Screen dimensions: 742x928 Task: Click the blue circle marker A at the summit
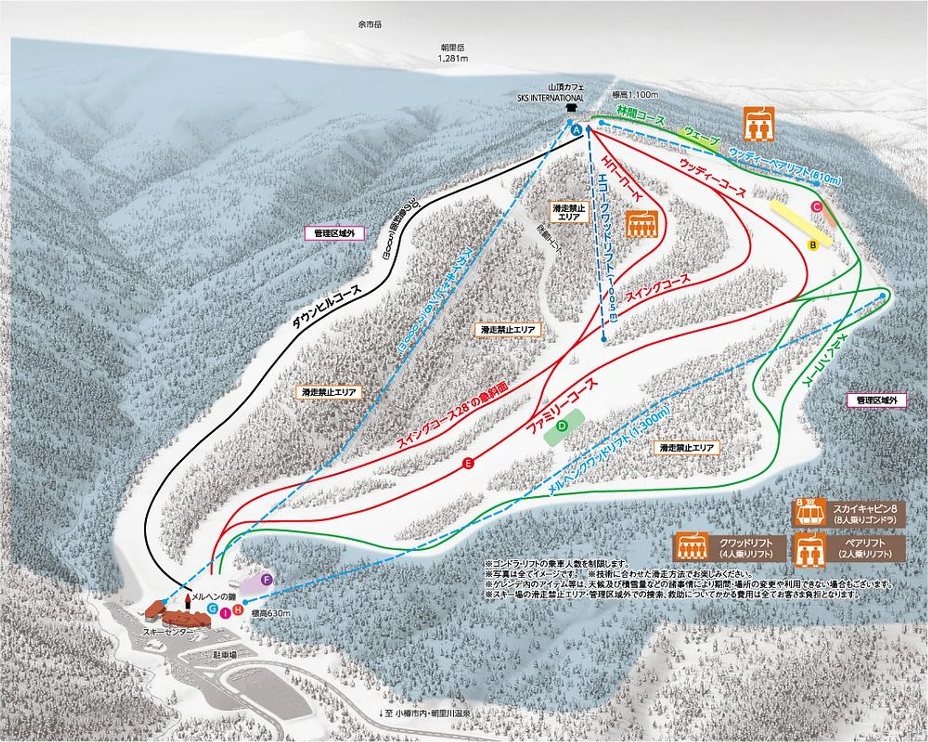tap(576, 130)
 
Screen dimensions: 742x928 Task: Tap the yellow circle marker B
tap(812, 245)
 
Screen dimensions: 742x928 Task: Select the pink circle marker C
tap(816, 207)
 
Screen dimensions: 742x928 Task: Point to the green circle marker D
tap(562, 426)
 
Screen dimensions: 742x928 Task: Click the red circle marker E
tap(468, 463)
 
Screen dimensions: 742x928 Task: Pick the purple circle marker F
tap(266, 579)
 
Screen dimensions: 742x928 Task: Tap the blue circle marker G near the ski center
tap(213, 608)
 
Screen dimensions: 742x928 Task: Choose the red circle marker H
tap(238, 610)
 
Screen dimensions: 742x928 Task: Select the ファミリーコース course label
tap(561, 406)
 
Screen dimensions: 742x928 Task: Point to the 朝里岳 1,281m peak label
tap(452, 53)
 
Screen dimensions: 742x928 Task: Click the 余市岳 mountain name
tap(370, 25)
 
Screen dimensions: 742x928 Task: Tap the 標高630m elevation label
tap(271, 613)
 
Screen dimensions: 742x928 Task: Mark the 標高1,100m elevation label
tap(635, 95)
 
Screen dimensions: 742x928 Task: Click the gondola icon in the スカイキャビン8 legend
tap(809, 513)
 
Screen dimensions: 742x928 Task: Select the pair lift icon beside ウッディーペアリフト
tap(759, 124)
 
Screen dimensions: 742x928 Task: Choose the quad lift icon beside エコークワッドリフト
tap(642, 224)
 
